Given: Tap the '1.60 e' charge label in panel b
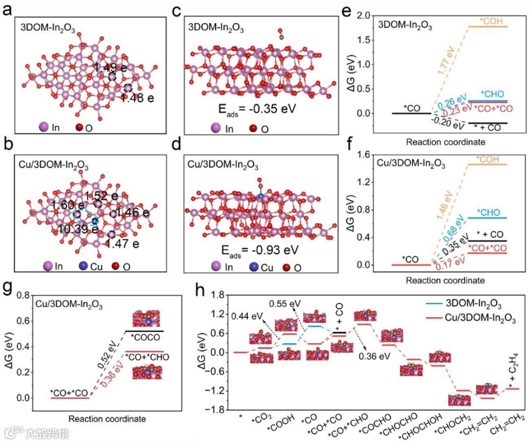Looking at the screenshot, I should click(x=61, y=204).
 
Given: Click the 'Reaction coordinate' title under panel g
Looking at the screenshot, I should click(x=107, y=419).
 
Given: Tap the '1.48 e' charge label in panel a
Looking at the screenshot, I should click(x=138, y=98).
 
